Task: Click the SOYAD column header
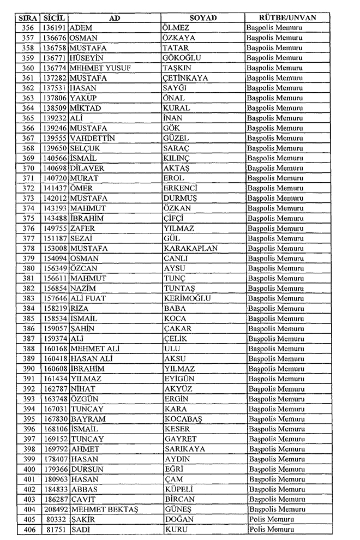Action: tap(203, 18)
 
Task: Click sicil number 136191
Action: tap(55, 28)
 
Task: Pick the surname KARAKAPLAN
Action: tap(190, 248)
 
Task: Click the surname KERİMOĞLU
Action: tap(187, 298)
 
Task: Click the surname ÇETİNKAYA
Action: tap(185, 78)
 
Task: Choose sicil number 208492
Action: tap(55, 509)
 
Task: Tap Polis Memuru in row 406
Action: tap(272, 529)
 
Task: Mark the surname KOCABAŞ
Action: tap(183, 419)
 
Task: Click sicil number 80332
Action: tap(57, 519)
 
